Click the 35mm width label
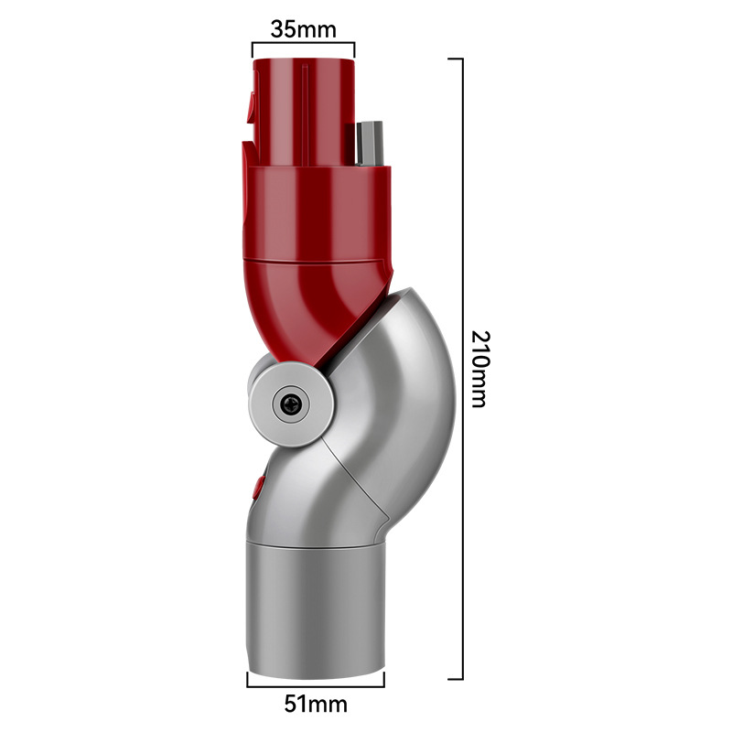(303, 27)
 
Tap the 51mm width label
(316, 705)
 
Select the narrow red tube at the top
(302, 105)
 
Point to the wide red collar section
(316, 210)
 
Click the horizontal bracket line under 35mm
(303, 42)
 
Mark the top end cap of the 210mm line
(456, 58)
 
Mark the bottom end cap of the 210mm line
(456, 679)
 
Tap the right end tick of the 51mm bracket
(384, 679)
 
